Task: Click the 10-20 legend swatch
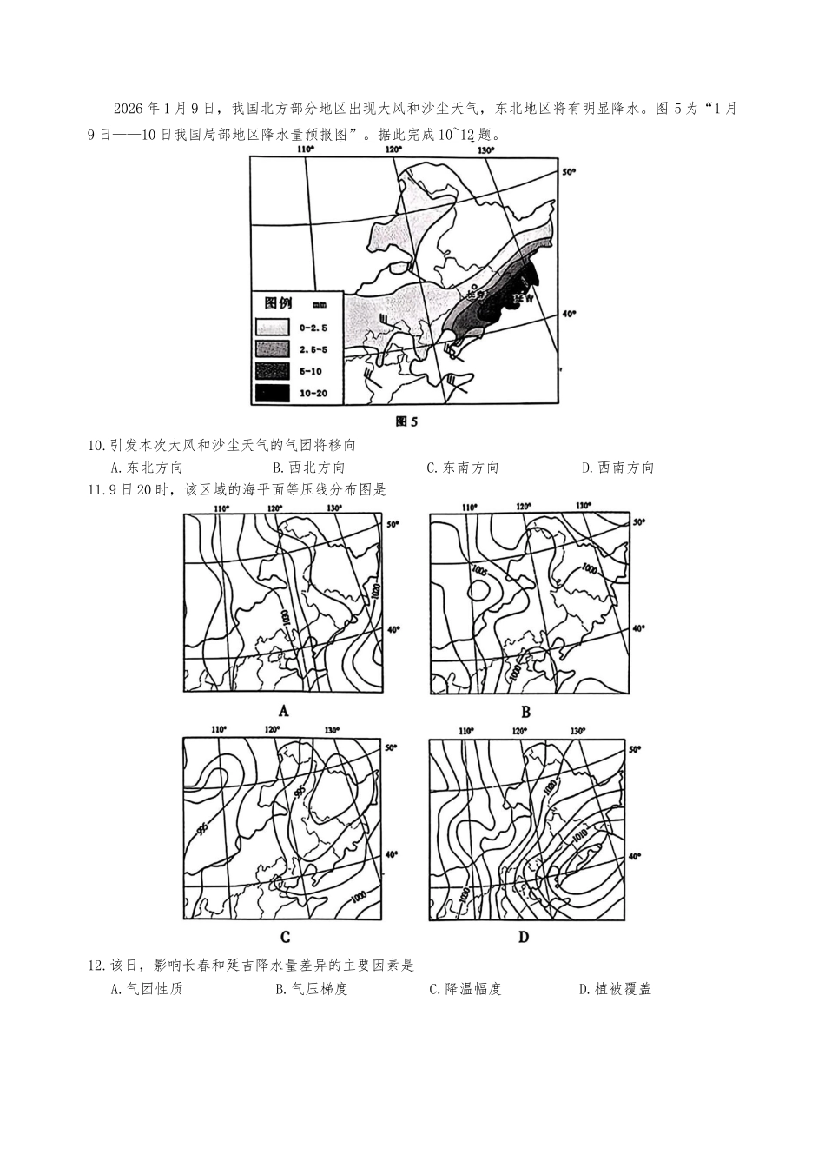(273, 393)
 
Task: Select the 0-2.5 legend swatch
(273, 328)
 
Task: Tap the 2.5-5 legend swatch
(273, 349)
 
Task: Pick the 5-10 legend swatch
(273, 371)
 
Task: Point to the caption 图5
(406, 421)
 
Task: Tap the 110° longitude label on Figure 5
(305, 149)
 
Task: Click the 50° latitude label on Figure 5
(569, 172)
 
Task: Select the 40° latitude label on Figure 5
(569, 315)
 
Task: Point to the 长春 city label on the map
(475, 294)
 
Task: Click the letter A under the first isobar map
(283, 711)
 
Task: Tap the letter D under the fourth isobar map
(524, 937)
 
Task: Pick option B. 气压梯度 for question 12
(311, 989)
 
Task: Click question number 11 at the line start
(96, 490)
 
